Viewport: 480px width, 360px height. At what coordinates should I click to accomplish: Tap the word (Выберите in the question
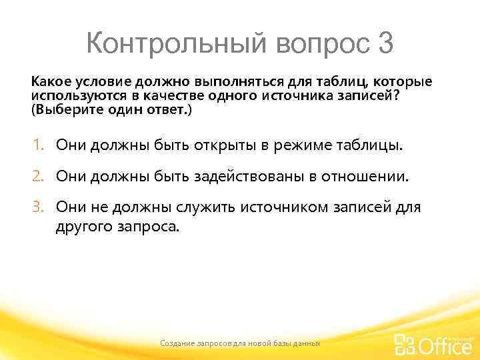pos(59,109)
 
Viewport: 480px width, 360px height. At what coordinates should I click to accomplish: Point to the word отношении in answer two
pos(371,177)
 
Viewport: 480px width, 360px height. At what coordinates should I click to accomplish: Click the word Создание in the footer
pos(177,343)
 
